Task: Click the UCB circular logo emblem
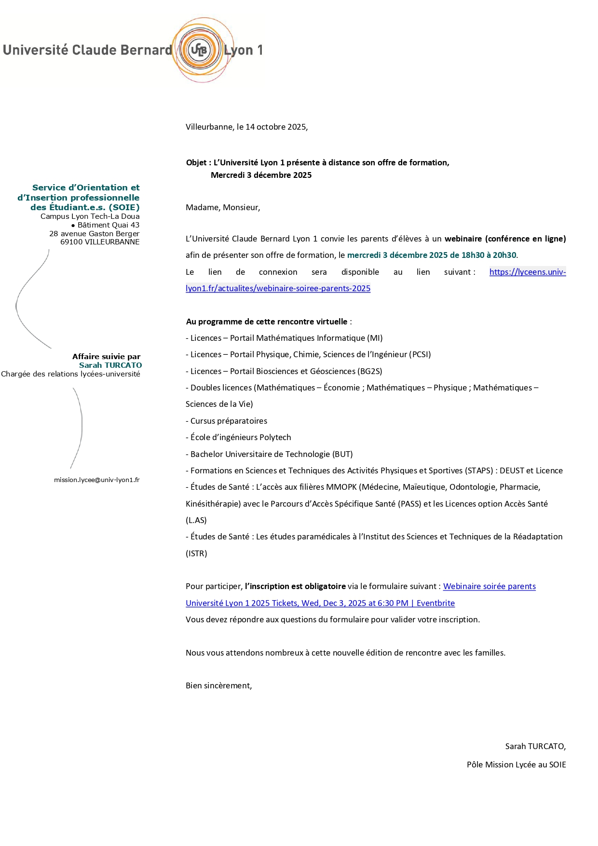(199, 50)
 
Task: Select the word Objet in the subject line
(196, 162)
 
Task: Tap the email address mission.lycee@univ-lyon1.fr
(96, 480)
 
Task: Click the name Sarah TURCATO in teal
(110, 365)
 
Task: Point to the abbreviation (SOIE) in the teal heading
(124, 207)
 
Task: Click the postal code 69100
(71, 242)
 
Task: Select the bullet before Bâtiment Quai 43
(73, 225)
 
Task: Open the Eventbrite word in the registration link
(435, 603)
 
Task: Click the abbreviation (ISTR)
(196, 553)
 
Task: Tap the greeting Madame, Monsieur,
(223, 207)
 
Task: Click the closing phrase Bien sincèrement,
(218, 685)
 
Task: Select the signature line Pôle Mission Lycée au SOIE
(516, 765)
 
